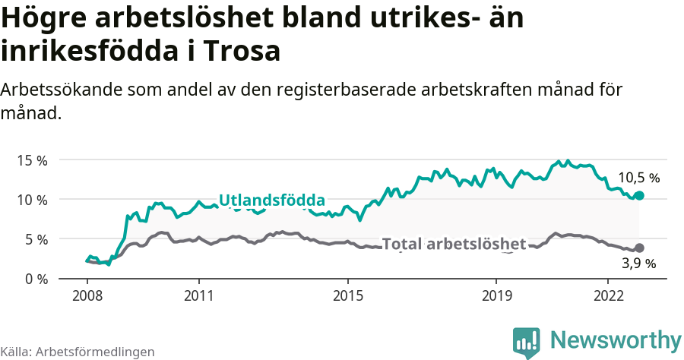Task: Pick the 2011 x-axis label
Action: pyautogui.click(x=198, y=295)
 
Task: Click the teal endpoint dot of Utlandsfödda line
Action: pyautogui.click(x=639, y=195)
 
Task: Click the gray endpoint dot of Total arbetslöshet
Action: pyautogui.click(x=639, y=248)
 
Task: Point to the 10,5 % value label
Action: pyautogui.click(x=638, y=178)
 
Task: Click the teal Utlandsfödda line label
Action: pyautogui.click(x=272, y=201)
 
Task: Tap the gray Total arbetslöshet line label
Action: pyautogui.click(x=454, y=244)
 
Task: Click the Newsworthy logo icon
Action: pyautogui.click(x=526, y=342)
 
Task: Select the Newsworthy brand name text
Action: pyautogui.click(x=616, y=339)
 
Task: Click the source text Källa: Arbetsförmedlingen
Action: pyautogui.click(x=78, y=352)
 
